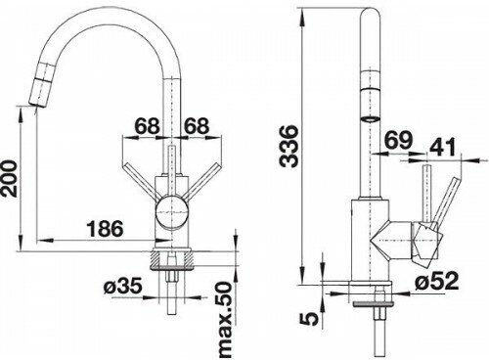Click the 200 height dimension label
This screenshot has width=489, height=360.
(9, 178)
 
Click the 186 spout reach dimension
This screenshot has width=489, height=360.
(106, 228)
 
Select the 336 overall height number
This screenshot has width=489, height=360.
(289, 146)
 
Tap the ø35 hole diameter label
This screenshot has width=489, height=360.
(123, 286)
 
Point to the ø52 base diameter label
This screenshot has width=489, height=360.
(437, 281)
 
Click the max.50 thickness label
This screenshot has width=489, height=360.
(225, 320)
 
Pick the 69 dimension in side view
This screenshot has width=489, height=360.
(398, 140)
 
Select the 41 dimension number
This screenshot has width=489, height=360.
(442, 148)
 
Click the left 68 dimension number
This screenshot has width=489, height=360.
(148, 125)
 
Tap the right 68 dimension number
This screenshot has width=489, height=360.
(196, 125)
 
